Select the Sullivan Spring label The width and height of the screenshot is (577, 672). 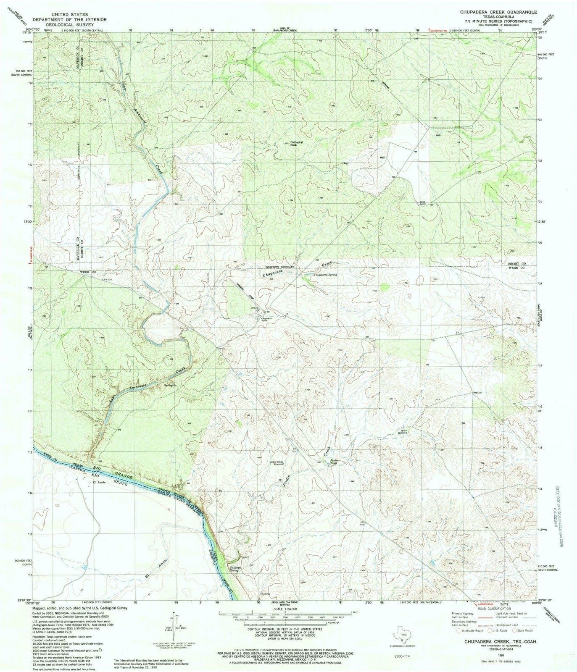pos(234,570)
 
